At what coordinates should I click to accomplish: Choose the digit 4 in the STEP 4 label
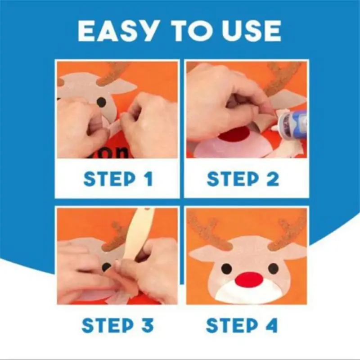[x=273, y=324]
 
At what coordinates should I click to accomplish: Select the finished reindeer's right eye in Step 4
[x=273, y=269]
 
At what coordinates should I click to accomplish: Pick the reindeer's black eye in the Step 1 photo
[x=102, y=103]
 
